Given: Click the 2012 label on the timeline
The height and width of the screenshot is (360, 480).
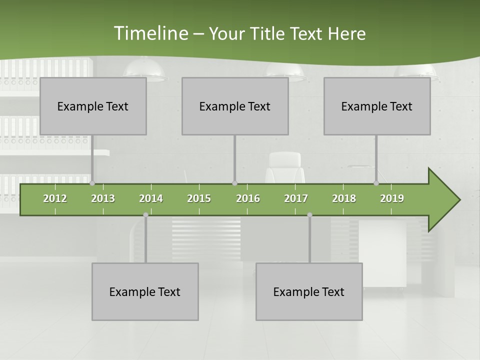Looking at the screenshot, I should (x=55, y=198).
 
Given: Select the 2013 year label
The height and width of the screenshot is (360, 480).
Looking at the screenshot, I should (x=103, y=198).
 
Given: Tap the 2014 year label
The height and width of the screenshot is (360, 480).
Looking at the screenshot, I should (x=151, y=198).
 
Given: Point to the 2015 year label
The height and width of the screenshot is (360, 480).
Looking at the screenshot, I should (x=199, y=198).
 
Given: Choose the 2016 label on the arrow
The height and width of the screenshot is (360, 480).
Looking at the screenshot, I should (x=248, y=198).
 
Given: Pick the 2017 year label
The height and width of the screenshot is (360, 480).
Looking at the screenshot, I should (x=296, y=198).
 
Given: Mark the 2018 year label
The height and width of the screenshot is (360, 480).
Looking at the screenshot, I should (x=344, y=198).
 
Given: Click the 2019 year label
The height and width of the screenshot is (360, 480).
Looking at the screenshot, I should (x=392, y=198).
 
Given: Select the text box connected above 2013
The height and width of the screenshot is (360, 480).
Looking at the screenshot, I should (x=93, y=106).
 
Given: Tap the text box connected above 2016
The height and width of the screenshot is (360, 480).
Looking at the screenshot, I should (x=235, y=106).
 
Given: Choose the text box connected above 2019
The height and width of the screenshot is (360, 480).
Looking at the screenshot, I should (x=377, y=106).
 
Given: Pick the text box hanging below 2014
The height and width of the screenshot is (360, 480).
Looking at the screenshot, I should (x=145, y=291).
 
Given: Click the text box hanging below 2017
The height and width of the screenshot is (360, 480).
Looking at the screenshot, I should (x=309, y=291).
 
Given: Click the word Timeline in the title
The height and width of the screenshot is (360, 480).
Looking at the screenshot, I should (x=150, y=33).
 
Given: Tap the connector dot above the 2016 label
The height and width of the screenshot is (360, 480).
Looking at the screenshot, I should (x=234, y=183).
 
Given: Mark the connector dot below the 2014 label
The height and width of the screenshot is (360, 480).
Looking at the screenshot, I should (x=145, y=215).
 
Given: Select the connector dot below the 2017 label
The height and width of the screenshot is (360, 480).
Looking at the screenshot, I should (x=309, y=215).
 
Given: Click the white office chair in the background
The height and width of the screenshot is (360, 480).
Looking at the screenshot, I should (x=285, y=167).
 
